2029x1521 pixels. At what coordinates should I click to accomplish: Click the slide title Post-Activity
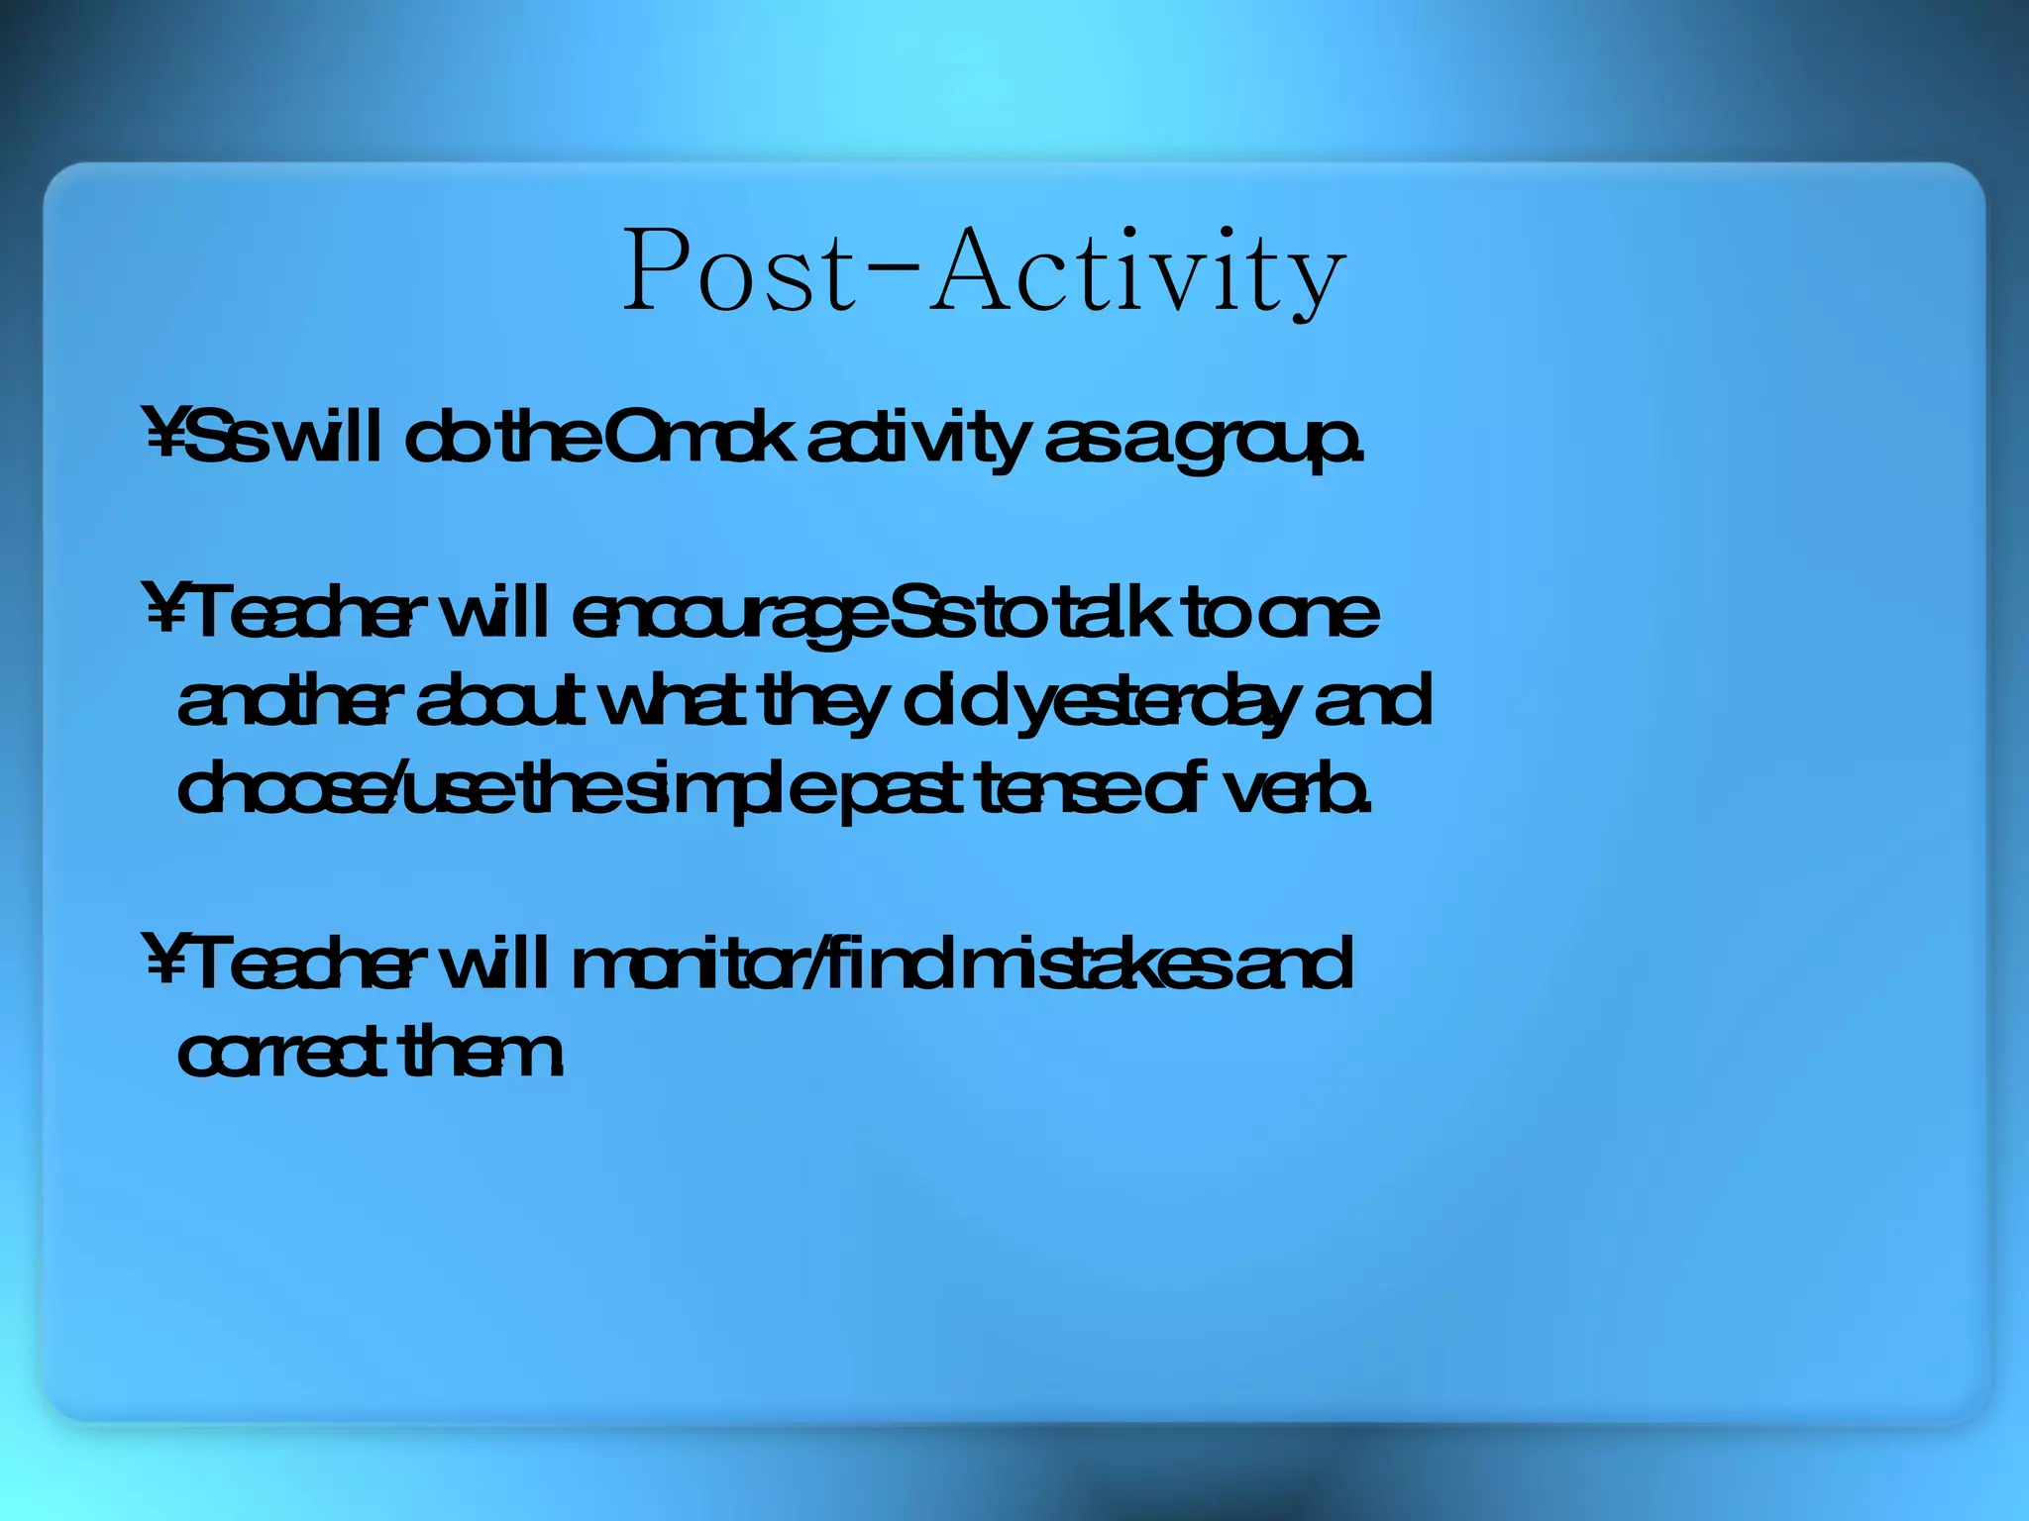pyautogui.click(x=984, y=270)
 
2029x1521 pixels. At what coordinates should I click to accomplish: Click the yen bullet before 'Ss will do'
pyautogui.click(x=163, y=436)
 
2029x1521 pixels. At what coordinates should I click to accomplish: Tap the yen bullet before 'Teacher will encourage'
pyautogui.click(x=163, y=612)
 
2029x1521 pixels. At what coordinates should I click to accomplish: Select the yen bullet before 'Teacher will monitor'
pyautogui.click(x=163, y=963)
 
